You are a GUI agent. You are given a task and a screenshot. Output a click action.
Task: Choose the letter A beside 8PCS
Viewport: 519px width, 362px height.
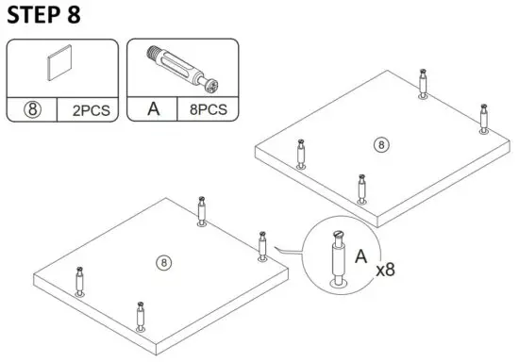coord(151,108)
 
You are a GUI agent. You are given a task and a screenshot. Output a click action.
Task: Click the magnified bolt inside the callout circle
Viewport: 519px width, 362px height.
coord(339,255)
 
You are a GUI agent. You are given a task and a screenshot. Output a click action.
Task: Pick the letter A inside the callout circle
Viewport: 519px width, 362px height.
coord(361,255)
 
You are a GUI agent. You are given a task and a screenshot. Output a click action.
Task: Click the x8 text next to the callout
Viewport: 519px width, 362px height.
coord(385,270)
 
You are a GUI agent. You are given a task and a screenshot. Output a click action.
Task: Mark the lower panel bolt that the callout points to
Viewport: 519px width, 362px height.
coord(262,244)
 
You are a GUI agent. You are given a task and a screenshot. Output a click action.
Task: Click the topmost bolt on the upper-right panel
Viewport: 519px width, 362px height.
coord(424,83)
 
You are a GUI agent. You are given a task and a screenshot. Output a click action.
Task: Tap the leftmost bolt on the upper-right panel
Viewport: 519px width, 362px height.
coord(301,153)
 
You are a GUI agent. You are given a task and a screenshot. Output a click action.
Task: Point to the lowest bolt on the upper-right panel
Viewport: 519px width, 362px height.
coord(362,189)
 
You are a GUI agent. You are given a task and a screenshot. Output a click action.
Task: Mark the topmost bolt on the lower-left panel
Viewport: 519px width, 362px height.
coord(203,211)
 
